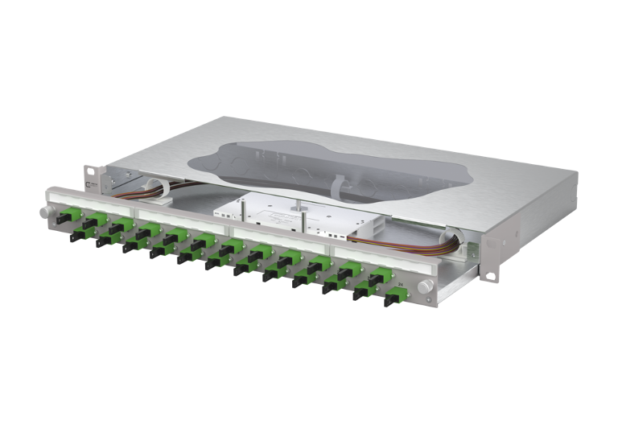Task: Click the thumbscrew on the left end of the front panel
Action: click(43, 212)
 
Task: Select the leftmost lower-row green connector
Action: click(80, 233)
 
